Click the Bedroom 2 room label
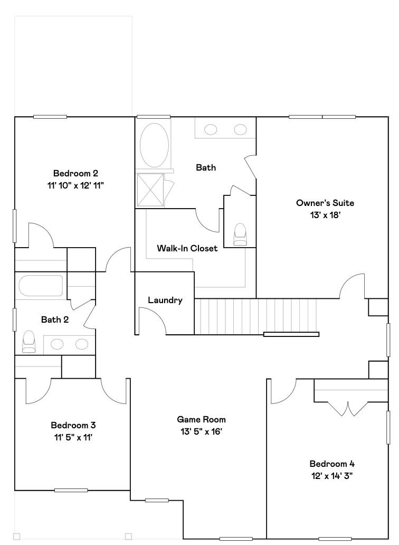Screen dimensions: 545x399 tap(75, 173)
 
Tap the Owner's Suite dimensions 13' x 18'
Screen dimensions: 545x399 tap(325, 215)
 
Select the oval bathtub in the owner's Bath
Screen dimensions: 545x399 tap(155, 145)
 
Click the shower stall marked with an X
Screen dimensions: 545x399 tap(150, 189)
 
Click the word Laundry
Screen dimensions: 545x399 tap(165, 300)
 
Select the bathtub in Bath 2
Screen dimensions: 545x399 tap(41, 286)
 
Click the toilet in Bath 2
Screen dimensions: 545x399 tap(28, 342)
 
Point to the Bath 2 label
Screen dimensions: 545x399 tap(55, 320)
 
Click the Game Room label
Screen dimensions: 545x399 tap(201, 420)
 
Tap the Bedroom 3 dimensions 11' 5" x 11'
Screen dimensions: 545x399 tap(73, 437)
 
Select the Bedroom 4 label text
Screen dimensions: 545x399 tap(332, 464)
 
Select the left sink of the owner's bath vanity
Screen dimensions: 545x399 tap(211, 129)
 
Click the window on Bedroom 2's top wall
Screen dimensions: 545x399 tap(50, 117)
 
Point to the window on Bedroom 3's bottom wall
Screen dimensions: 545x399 tap(71, 490)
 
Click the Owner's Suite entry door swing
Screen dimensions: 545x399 tap(351, 288)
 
